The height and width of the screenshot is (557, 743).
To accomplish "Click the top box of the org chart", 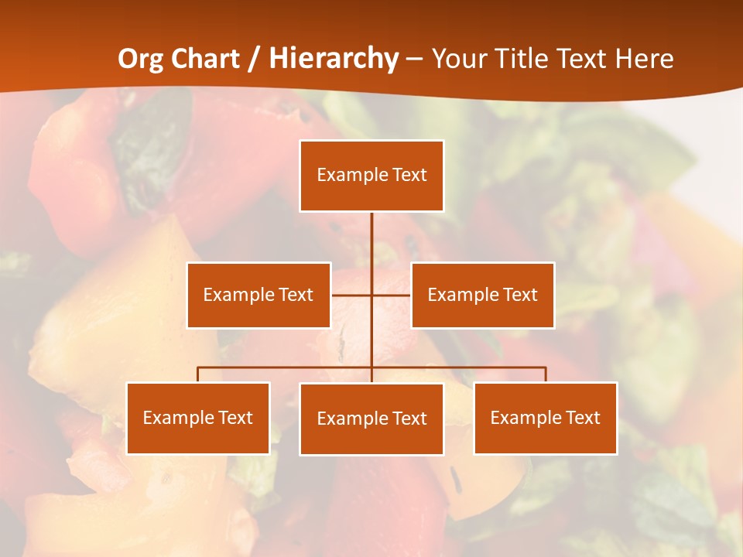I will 371,176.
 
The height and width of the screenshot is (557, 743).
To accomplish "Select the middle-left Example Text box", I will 259,295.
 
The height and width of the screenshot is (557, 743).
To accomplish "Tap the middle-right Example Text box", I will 482,295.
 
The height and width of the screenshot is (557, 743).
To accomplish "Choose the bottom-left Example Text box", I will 198,418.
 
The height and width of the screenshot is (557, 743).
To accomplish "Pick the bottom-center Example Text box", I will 371,419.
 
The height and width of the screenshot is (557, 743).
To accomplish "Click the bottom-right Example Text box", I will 545,418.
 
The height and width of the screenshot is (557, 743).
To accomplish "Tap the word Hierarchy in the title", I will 334,60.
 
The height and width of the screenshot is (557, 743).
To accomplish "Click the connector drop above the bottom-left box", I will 198,374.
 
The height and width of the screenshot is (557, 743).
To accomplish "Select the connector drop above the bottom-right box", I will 545,374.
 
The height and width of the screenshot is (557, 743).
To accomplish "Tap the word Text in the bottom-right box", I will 583,418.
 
